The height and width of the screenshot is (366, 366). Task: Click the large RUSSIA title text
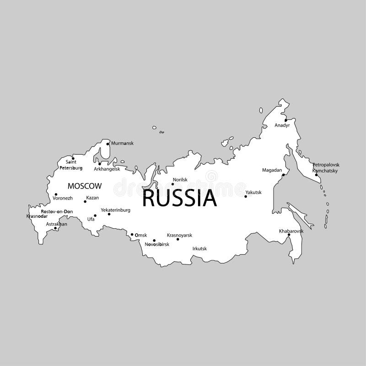pos(179,198)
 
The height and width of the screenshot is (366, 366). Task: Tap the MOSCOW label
pos(84,186)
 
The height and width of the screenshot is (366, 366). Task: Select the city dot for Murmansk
pos(108,144)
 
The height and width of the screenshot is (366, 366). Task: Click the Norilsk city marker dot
pos(172,184)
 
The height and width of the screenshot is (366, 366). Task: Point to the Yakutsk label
pos(253,192)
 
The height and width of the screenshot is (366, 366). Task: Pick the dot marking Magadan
pos(283,175)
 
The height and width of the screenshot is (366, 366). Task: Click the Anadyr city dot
pos(285,120)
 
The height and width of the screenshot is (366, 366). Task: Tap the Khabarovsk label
pos(291,231)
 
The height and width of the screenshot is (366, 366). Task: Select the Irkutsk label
pos(200,248)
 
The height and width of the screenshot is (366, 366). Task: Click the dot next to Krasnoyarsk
pos(178,239)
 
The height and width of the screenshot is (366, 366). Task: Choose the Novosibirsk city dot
pos(154,240)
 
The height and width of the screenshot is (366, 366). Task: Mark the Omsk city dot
pos(132,235)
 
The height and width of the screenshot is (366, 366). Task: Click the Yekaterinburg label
pos(116,210)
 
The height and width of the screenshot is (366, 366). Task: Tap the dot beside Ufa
pos(95,215)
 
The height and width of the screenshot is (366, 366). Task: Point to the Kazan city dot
pos(85,201)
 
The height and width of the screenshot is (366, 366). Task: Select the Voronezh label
pos(63,198)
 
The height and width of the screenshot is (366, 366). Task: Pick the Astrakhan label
pos(56,224)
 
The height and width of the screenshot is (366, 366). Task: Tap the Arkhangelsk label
pos(107,169)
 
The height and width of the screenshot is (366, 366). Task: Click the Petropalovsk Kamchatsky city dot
pos(316,175)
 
